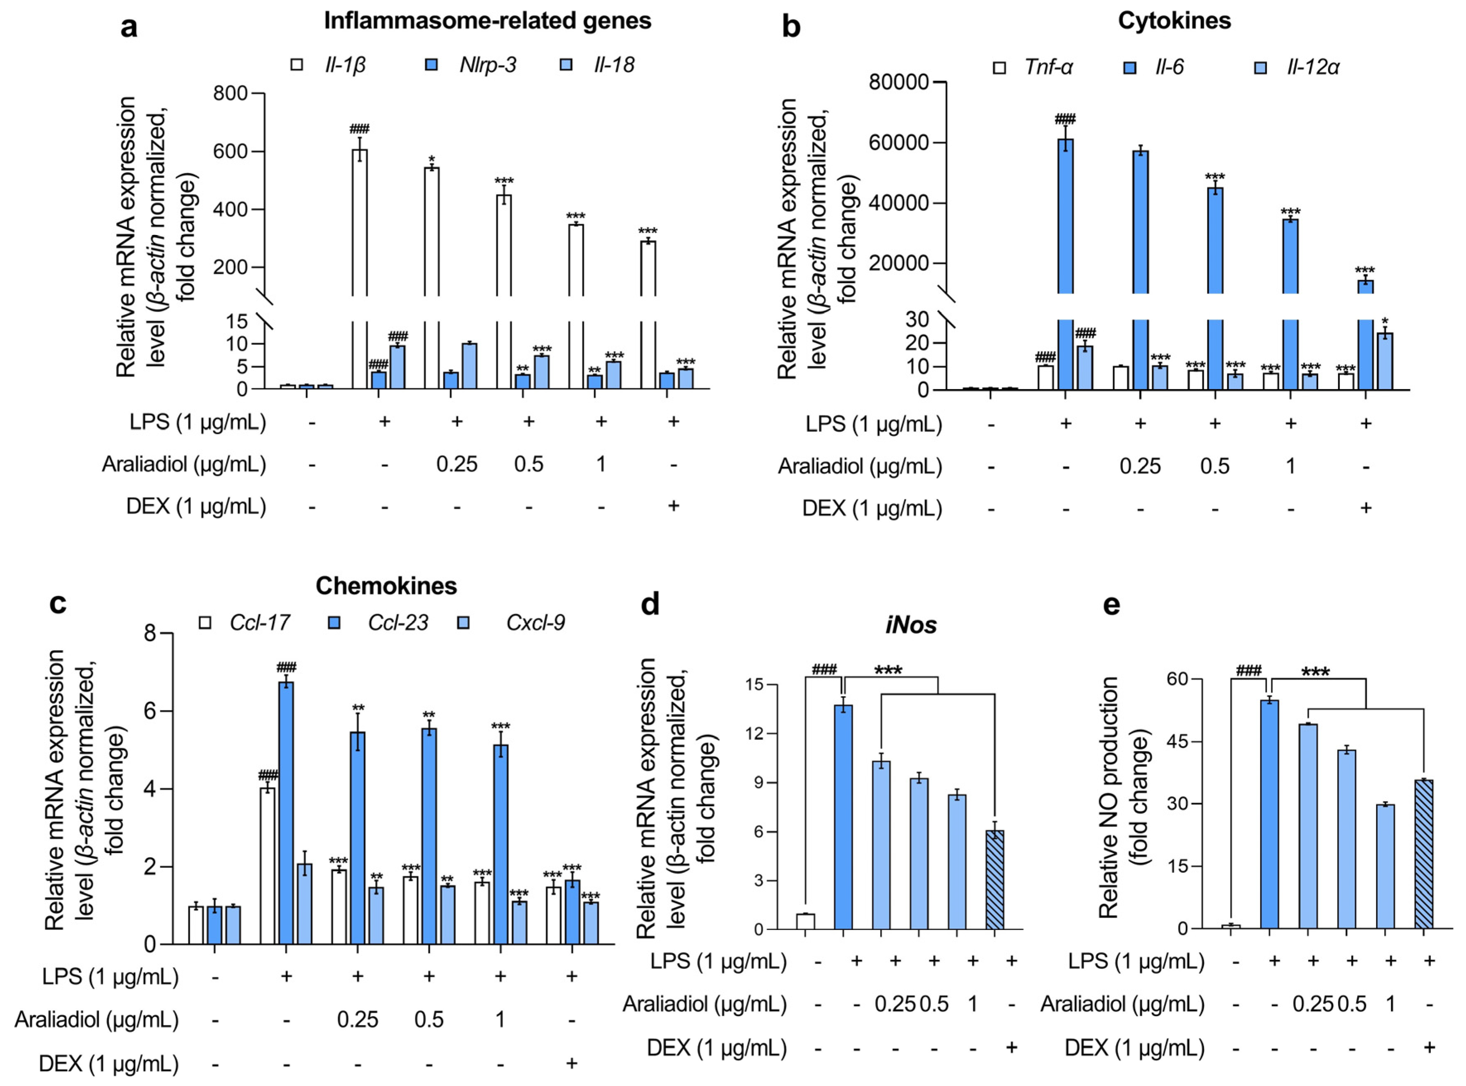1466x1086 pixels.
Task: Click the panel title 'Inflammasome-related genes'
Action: click(487, 21)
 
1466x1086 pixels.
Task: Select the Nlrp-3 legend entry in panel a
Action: click(487, 65)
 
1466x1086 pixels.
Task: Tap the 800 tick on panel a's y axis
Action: click(230, 94)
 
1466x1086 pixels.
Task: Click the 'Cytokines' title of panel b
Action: click(1174, 21)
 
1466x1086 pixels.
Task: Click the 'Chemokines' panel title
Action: click(386, 586)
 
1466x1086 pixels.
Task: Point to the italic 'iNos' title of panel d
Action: click(910, 625)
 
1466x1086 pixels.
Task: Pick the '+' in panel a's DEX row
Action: click(673, 506)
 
